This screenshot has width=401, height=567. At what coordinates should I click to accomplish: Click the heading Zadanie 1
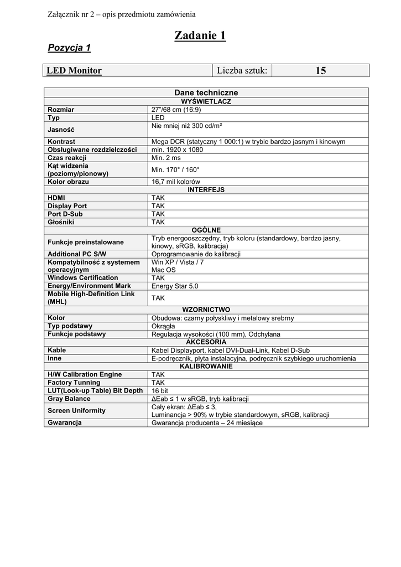200,35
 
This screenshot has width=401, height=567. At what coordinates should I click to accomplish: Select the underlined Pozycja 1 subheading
69,48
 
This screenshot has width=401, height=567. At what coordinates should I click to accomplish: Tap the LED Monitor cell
74,70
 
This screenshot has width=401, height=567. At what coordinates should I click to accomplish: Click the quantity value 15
320,70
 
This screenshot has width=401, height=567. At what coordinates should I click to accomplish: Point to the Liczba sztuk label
242,70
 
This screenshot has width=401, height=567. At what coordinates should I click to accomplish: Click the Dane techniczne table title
206,93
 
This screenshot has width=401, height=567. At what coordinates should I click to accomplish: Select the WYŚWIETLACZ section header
206,102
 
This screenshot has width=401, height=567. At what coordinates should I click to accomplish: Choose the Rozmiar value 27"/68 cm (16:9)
176,110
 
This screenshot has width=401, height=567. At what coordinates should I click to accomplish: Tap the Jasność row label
61,130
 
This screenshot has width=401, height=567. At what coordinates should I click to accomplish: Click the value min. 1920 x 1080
177,150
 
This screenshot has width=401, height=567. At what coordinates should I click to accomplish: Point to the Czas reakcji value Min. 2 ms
166,158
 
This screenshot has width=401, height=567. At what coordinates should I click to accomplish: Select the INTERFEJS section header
206,190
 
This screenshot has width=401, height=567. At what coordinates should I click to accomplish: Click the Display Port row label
67,206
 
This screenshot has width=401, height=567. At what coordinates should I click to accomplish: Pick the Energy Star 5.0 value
175,286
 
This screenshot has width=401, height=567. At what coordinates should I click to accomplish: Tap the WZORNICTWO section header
206,310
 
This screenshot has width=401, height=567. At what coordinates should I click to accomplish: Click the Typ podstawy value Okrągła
164,326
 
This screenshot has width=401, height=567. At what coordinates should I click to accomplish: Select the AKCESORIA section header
206,342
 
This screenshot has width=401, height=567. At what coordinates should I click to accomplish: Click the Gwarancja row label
65,423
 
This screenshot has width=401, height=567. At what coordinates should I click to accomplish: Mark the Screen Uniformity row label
76,411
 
